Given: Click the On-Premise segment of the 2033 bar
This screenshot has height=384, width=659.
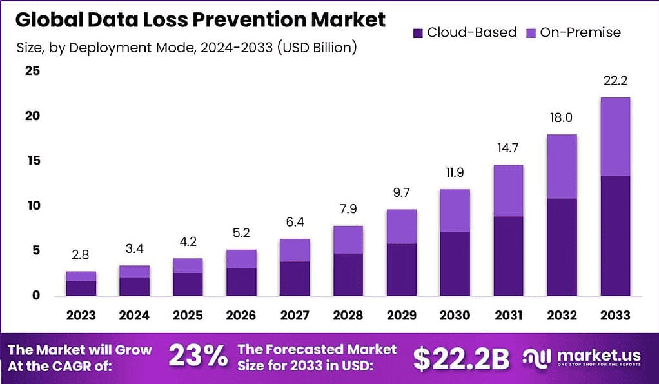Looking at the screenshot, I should pos(615,136).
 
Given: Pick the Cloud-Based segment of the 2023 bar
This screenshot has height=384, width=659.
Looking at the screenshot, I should pos(81,288).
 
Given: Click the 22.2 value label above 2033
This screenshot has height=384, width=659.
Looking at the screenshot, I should pos(615,81).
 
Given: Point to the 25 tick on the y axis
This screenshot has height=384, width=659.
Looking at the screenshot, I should pos(33,71).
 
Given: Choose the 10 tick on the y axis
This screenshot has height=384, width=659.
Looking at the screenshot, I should pos(33,206).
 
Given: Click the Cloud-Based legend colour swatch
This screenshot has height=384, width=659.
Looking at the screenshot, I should pos(417,32).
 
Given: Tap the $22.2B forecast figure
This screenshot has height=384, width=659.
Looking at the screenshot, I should pos(461,359).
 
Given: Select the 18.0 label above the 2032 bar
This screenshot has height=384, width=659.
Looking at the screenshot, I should pos(562,118).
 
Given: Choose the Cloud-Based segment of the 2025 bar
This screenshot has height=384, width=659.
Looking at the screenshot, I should pos(187,284).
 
